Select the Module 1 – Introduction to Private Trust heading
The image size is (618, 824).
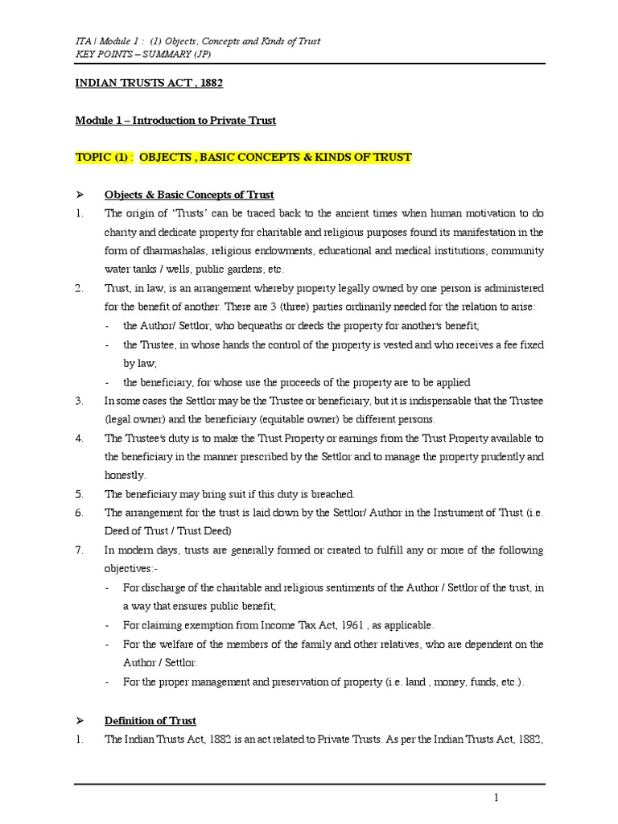[x=175, y=120]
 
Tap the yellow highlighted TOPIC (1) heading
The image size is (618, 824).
[x=243, y=158]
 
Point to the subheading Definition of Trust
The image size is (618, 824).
[x=150, y=720]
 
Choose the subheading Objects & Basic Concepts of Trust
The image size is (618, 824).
[x=189, y=195]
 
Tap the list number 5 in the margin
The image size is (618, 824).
[x=77, y=494]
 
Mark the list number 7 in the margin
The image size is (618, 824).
[x=77, y=550]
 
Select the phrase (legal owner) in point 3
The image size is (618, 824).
[x=135, y=419]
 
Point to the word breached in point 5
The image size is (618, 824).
[x=332, y=494]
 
